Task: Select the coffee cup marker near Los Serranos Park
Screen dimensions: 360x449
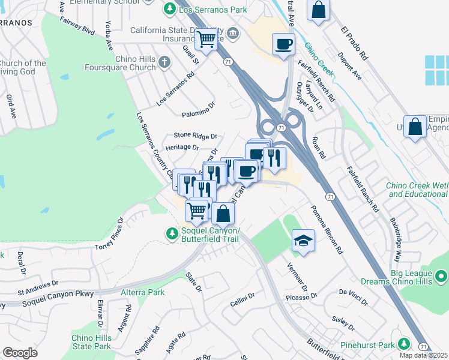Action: coord(283,44)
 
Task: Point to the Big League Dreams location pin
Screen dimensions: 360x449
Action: coord(441,277)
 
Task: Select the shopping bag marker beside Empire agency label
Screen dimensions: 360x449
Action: coord(415,127)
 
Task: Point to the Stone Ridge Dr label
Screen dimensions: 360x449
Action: coord(195,136)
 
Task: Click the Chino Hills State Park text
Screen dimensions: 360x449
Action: coord(91,342)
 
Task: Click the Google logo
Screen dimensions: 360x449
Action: coord(20,353)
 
